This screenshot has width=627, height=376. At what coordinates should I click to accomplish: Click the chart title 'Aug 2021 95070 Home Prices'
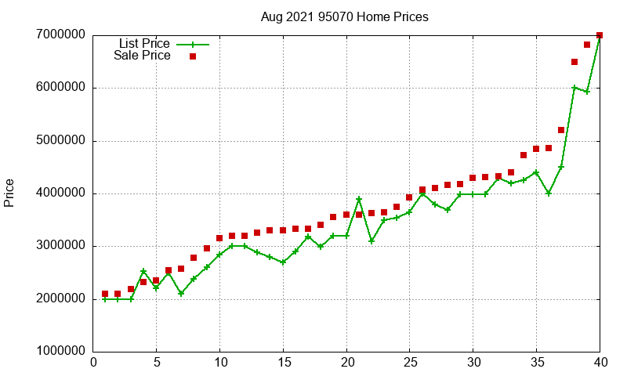pyautogui.click(x=344, y=16)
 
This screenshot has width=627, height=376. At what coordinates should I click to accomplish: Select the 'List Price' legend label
pyautogui.click(x=144, y=44)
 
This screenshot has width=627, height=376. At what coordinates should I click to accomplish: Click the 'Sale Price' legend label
pyautogui.click(x=142, y=56)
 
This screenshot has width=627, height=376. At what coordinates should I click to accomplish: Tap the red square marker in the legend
pyautogui.click(x=192, y=56)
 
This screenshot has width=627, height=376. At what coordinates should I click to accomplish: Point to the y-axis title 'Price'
pyautogui.click(x=9, y=193)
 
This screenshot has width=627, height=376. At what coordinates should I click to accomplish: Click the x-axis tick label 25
pyautogui.click(x=410, y=362)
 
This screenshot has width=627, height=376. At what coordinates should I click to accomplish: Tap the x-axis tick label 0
pyautogui.click(x=93, y=362)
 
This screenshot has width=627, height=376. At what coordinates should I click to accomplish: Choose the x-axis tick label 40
pyautogui.click(x=600, y=362)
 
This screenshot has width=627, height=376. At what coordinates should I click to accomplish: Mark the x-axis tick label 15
pyautogui.click(x=283, y=362)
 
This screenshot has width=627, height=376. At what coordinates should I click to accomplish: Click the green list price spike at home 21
pyautogui.click(x=359, y=199)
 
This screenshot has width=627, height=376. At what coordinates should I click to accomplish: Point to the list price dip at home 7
pyautogui.click(x=181, y=294)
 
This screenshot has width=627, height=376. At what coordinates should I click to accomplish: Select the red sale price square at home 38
pyautogui.click(x=574, y=62)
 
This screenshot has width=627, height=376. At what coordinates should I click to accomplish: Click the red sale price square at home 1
pyautogui.click(x=105, y=294)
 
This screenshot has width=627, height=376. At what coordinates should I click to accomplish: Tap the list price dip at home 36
pyautogui.click(x=549, y=193)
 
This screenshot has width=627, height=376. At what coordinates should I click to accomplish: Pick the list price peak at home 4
pyautogui.click(x=143, y=271)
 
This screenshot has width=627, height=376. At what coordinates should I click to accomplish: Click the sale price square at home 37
pyautogui.click(x=561, y=130)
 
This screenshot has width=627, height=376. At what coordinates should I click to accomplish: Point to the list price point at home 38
pyautogui.click(x=574, y=88)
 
